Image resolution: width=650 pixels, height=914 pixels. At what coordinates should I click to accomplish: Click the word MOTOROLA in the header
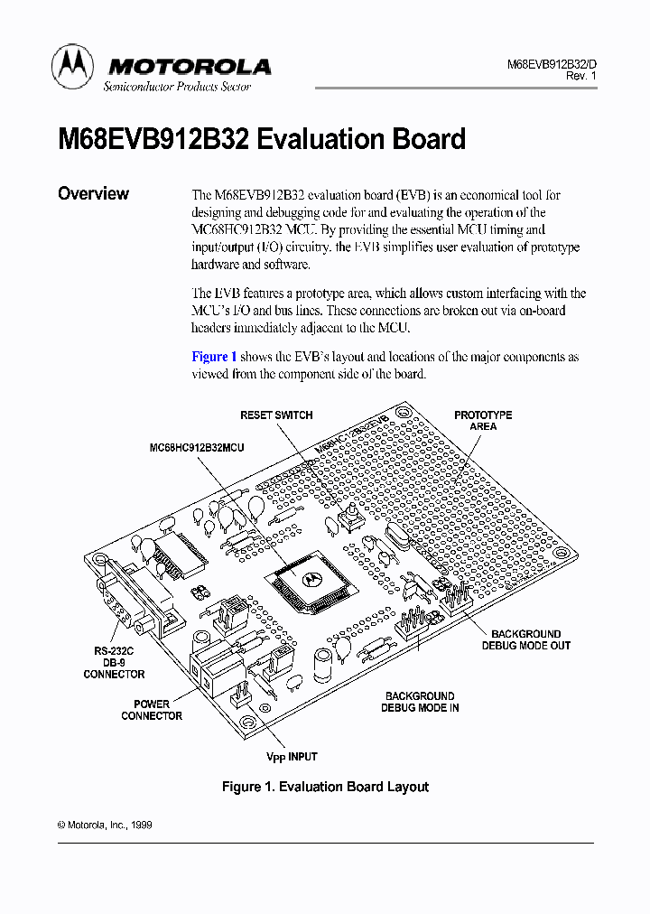click(189, 66)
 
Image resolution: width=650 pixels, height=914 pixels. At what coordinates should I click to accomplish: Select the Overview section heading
click(93, 193)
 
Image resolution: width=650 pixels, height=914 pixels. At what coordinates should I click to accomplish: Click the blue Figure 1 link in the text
click(214, 357)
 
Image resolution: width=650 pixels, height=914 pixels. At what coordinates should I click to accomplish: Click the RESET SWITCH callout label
click(276, 415)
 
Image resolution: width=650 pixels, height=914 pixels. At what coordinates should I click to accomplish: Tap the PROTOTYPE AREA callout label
click(483, 421)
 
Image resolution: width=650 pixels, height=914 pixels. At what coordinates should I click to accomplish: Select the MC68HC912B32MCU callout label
click(197, 447)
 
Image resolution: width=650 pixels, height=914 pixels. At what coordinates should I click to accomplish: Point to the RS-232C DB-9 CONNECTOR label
click(114, 662)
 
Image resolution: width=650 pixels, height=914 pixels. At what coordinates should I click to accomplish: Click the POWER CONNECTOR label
click(152, 710)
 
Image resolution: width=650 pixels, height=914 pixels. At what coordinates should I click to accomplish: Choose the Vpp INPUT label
click(292, 757)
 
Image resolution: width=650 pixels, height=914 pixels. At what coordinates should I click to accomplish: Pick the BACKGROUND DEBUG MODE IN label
click(420, 702)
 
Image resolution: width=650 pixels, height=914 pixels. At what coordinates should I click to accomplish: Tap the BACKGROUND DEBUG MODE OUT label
click(526, 639)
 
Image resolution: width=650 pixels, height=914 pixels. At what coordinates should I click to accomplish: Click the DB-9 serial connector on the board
click(126, 596)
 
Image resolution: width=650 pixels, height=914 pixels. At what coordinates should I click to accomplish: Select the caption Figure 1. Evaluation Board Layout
click(325, 787)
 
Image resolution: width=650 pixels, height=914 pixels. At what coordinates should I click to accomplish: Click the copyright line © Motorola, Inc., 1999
click(99, 825)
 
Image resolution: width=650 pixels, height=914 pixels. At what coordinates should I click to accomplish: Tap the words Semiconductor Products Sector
click(177, 87)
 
